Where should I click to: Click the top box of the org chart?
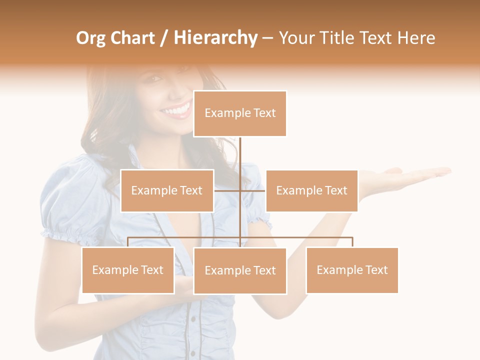240,113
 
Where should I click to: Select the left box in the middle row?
167,190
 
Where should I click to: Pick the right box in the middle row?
311,190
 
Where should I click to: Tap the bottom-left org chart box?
128,270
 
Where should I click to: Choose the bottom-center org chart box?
240,270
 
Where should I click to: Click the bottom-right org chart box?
352,270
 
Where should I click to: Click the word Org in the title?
90,38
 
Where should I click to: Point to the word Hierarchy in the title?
215,38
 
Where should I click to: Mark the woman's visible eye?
155,79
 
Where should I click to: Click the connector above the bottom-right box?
352,242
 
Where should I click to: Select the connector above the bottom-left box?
128,242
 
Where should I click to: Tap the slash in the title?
164,38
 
